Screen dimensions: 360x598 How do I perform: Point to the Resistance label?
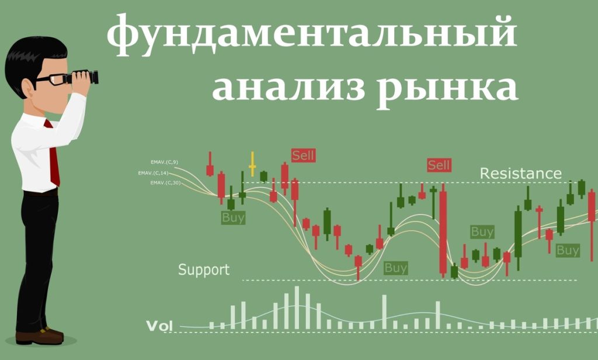pos(520,174)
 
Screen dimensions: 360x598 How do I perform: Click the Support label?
pos(204,270)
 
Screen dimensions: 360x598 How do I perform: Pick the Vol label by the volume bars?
pos(159,326)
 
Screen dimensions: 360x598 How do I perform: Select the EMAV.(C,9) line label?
pos(164,161)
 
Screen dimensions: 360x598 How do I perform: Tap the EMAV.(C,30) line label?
pos(165,184)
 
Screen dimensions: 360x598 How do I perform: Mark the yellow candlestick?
pos(252,165)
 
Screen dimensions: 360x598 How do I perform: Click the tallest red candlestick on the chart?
pos(443,231)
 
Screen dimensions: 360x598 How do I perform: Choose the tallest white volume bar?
pos(297,307)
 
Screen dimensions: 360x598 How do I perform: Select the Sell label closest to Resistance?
pos(439,165)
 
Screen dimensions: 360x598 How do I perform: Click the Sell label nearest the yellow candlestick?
pos(303,155)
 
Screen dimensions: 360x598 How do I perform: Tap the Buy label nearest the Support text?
pos(233,218)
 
